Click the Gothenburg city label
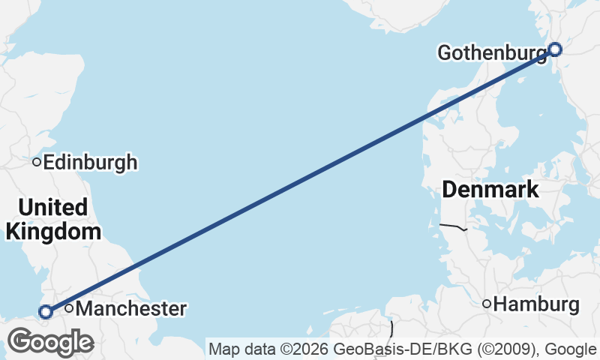[492, 53]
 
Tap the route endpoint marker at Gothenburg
[555, 49]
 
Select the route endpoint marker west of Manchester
[46, 311]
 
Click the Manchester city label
[131, 308]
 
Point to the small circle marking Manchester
[69, 308]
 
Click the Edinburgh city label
[91, 162]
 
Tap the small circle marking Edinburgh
[36, 162]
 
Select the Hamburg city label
[538, 304]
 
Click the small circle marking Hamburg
[487, 304]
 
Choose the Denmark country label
[490, 190]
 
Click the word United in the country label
[53, 207]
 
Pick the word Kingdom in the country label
[53, 231]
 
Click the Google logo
[50, 343]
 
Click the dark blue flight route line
[300, 181]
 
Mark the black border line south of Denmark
[453, 226]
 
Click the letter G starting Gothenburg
[443, 53]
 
